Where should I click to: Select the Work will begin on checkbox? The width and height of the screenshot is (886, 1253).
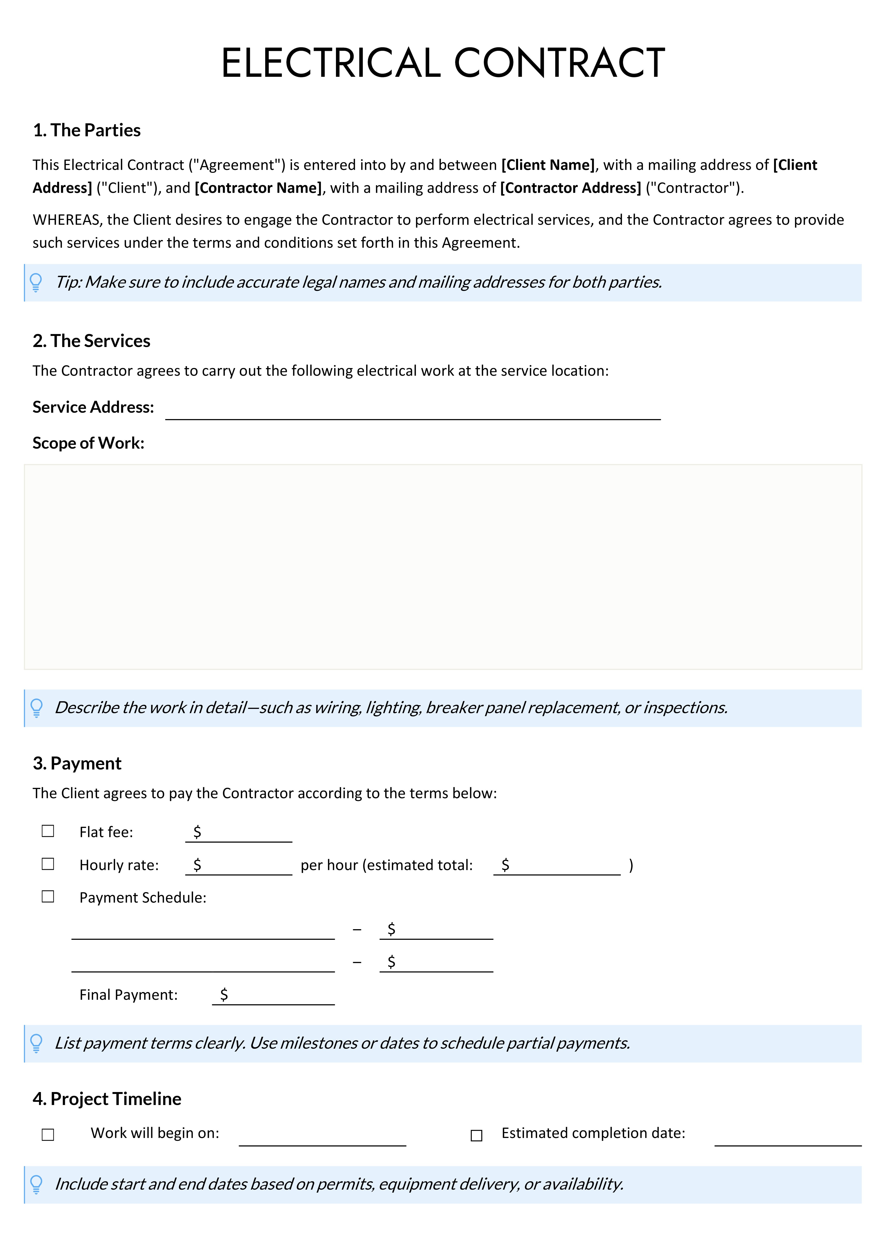pyautogui.click(x=48, y=1135)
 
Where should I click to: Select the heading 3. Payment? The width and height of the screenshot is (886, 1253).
pyautogui.click(x=77, y=763)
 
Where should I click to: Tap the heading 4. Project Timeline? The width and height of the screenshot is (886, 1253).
pyautogui.click(x=107, y=1099)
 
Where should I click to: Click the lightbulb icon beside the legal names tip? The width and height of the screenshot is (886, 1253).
pyautogui.click(x=36, y=282)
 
